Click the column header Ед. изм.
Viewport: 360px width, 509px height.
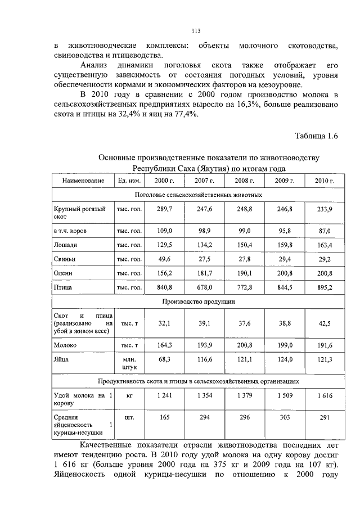click(x=129, y=181)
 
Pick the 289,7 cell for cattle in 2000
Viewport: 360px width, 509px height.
click(x=165, y=209)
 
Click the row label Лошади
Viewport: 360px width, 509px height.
click(x=65, y=245)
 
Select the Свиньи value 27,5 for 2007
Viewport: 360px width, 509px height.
click(x=205, y=259)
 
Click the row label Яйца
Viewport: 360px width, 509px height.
click(x=62, y=359)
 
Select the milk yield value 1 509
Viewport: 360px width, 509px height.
click(x=285, y=396)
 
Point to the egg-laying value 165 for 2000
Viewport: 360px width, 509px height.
click(x=165, y=418)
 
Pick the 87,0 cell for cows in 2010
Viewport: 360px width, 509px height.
click(x=325, y=231)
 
